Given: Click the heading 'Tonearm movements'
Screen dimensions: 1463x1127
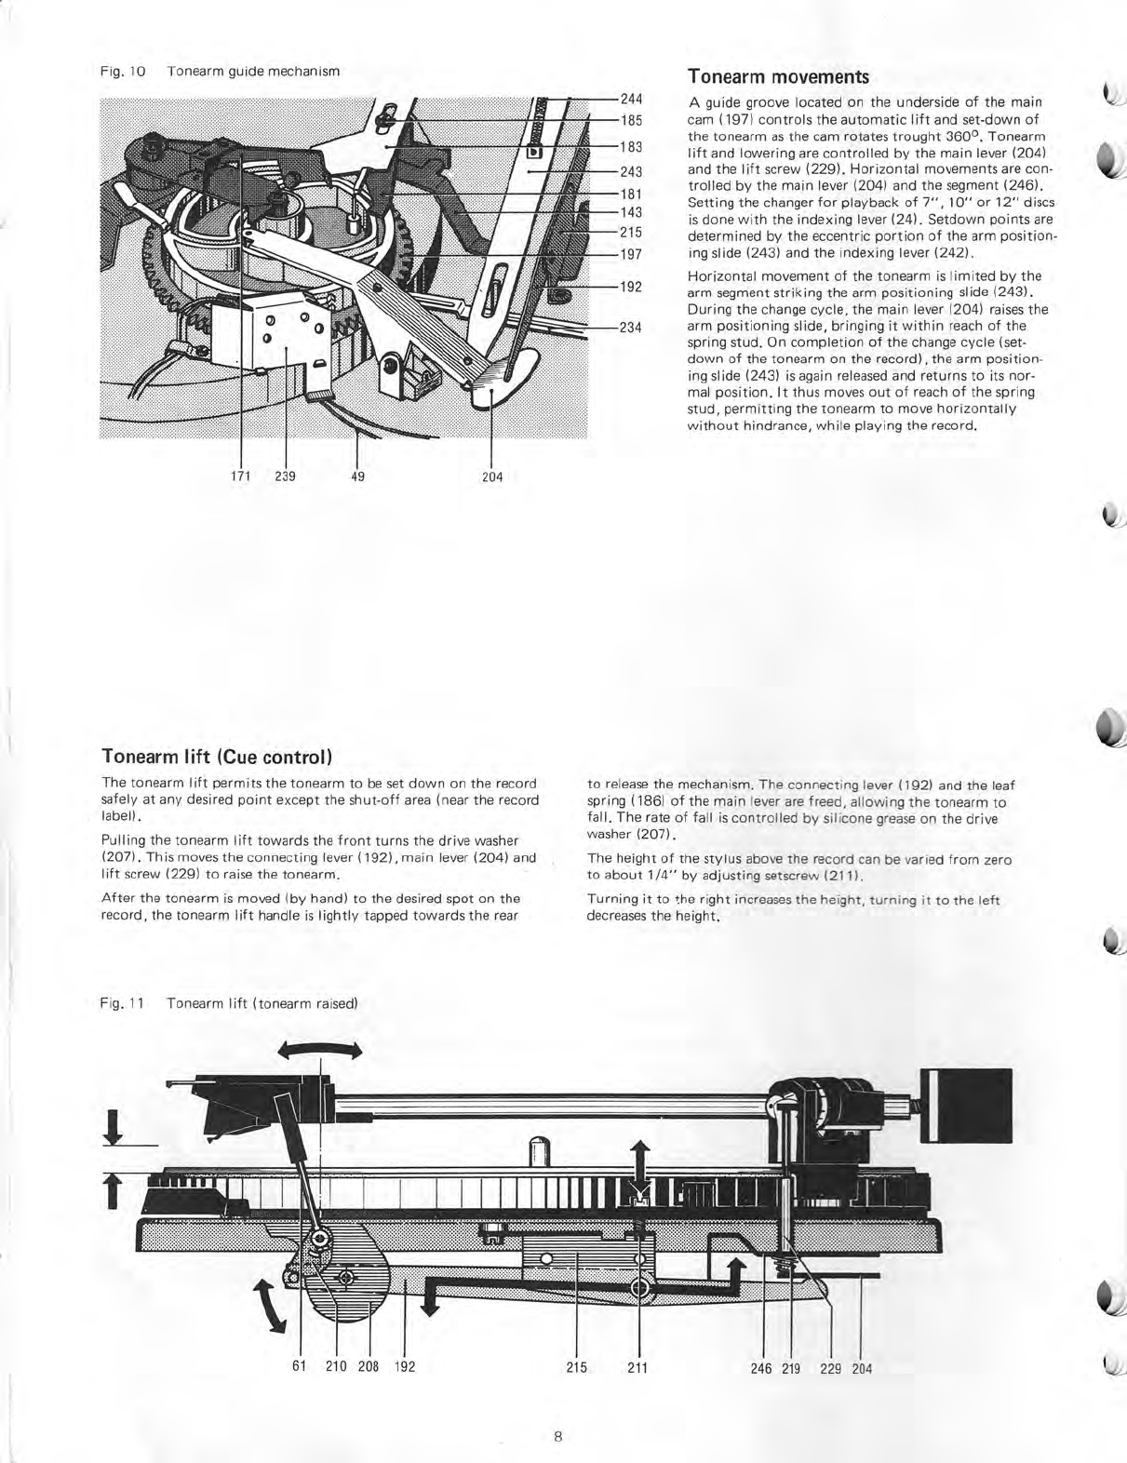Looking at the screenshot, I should click(x=778, y=76).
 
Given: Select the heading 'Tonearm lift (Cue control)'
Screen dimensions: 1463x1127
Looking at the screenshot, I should click(x=216, y=754).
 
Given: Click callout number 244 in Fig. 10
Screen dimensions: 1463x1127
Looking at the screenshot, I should click(x=633, y=99).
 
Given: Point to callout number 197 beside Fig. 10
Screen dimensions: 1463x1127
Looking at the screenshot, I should click(x=633, y=254).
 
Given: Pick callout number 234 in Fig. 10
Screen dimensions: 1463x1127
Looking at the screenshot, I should click(x=633, y=327).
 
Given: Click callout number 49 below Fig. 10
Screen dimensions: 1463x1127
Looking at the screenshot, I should click(x=358, y=476).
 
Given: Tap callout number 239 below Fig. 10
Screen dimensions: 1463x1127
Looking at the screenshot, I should click(x=286, y=476).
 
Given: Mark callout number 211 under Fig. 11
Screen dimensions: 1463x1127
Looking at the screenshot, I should click(x=637, y=1367).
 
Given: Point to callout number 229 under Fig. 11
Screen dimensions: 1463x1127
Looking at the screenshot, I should click(x=831, y=1368).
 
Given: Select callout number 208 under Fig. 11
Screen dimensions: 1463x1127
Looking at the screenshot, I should click(x=369, y=1367).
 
